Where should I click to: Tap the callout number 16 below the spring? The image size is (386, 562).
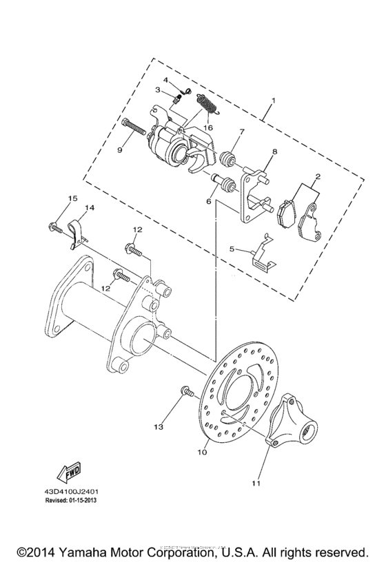pos(207,127)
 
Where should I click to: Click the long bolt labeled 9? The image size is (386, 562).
pos(138,129)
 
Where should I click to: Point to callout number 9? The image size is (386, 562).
pos(120,148)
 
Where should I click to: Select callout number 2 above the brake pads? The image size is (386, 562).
pos(318,177)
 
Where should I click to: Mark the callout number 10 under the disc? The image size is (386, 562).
pos(202,453)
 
